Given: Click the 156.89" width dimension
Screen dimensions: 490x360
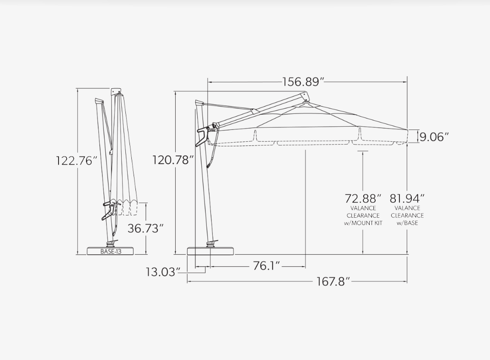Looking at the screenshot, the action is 303,82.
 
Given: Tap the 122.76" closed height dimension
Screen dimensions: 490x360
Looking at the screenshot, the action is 75,161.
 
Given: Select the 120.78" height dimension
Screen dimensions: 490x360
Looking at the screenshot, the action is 171,160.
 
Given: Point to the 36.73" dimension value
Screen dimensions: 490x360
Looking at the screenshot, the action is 145,228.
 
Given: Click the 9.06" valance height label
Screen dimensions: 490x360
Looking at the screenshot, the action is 434,137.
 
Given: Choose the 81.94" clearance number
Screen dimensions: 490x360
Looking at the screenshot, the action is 407,199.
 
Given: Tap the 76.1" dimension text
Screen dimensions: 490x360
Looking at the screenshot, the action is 266,266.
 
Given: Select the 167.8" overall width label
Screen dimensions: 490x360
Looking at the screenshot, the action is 333,282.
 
